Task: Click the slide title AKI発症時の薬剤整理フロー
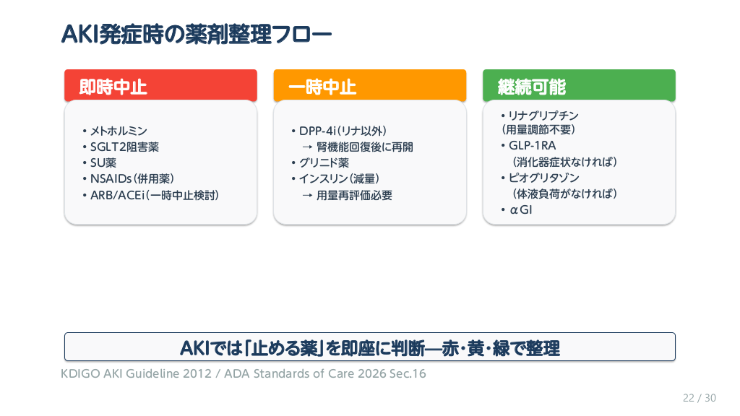pos(197,35)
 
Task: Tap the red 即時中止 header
pos(160,86)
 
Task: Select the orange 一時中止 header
pos(369,86)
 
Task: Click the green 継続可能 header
pos(579,86)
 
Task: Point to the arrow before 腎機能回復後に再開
pos(308,147)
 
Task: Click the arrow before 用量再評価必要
pos(308,196)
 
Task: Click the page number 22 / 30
pos(700,398)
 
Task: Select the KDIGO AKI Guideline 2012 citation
pos(136,373)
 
